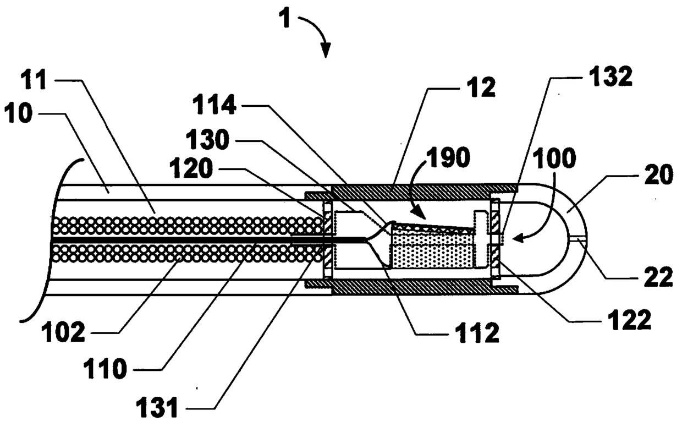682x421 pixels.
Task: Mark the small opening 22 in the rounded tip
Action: point(579,238)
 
